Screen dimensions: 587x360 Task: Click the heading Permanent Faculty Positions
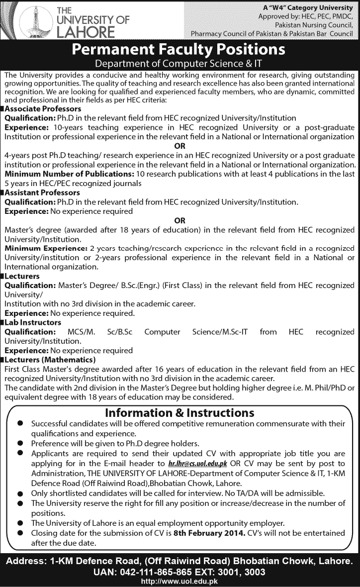pos(180,50)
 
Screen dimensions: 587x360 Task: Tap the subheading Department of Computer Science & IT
pos(180,64)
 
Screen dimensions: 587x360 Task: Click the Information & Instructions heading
pos(180,413)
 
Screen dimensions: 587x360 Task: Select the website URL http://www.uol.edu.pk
pos(180,581)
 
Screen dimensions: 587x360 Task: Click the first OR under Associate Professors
pos(180,146)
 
